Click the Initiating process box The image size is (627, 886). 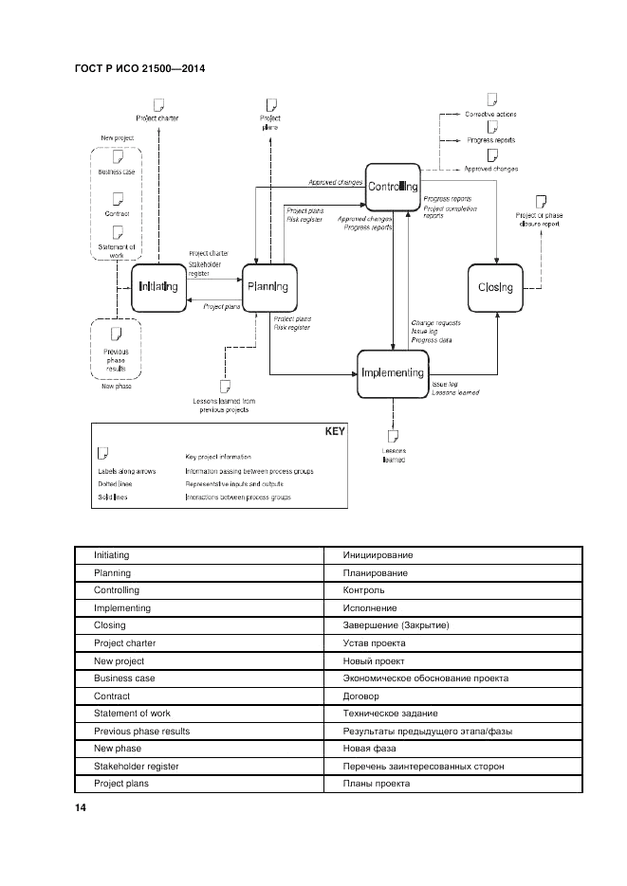pos(158,287)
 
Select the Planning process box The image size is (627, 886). pos(267,287)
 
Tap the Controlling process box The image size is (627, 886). pos(393,187)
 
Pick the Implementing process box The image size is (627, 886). pos(393,373)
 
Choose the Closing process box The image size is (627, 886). pos(496,287)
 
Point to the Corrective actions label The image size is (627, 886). pos(490,114)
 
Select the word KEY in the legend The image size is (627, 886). pos(335,431)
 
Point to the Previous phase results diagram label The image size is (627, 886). pos(116,361)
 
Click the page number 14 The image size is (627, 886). pos(80,807)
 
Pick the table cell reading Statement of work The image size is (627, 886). pos(132,714)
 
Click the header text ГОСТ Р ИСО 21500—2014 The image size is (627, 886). pos(138,68)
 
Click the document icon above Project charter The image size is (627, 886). pos(158,103)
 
